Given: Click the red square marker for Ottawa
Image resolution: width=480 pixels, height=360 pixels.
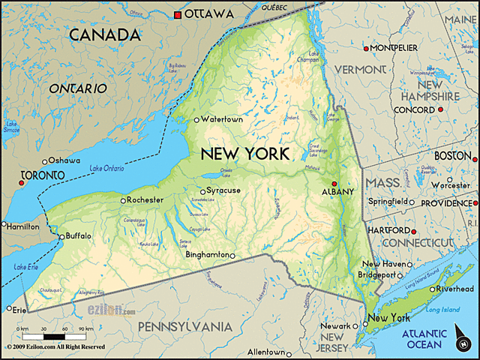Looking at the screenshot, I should pyautogui.click(x=178, y=14).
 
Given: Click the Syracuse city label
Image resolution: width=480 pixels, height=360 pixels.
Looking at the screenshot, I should pyautogui.click(x=223, y=190).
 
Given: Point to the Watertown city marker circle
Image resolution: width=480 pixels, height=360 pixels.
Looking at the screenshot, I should pyautogui.click(x=197, y=119).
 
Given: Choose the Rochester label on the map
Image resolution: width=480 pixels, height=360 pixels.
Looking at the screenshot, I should pyautogui.click(x=145, y=200).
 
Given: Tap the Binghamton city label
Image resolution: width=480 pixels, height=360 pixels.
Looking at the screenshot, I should pyautogui.click(x=207, y=256).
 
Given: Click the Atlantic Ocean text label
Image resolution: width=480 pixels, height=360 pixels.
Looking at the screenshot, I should pyautogui.click(x=425, y=339).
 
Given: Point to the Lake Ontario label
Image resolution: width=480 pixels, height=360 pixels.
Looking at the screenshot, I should pyautogui.click(x=107, y=168).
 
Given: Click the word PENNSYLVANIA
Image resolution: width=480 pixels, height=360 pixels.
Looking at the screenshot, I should pyautogui.click(x=184, y=327).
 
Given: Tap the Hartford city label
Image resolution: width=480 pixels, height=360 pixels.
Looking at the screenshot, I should pyautogui.click(x=388, y=229).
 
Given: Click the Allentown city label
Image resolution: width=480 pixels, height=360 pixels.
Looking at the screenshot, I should pyautogui.click(x=265, y=352).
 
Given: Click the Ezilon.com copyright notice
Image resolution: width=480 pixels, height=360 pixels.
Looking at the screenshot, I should pyautogui.click(x=55, y=347).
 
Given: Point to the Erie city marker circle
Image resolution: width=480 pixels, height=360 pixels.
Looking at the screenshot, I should pyautogui.click(x=9, y=308).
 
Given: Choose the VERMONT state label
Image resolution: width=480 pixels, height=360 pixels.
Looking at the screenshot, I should pyautogui.click(x=359, y=69).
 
